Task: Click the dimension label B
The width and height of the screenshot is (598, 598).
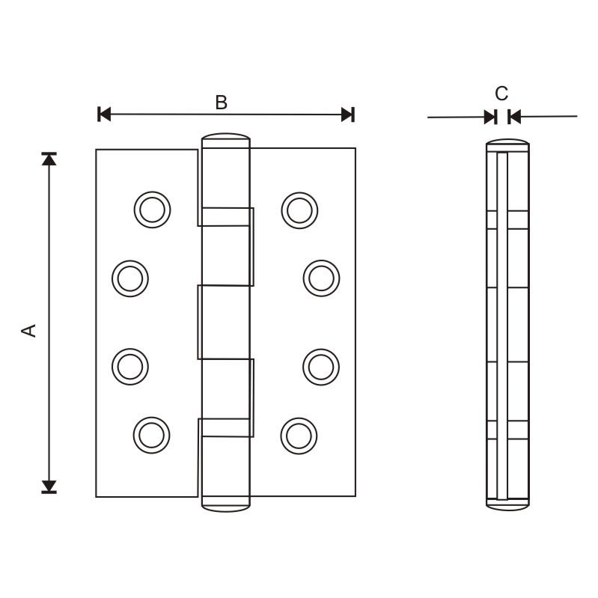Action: [221, 103]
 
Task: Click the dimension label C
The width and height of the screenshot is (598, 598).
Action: [501, 94]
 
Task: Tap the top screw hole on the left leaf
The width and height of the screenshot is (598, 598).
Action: [152, 210]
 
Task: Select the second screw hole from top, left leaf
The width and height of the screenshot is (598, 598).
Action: [129, 278]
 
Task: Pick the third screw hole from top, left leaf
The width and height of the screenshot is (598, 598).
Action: [129, 366]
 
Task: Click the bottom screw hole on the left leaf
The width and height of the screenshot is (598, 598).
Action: [152, 435]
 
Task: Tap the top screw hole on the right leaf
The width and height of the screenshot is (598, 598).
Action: [299, 210]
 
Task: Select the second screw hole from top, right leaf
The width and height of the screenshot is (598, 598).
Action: [321, 278]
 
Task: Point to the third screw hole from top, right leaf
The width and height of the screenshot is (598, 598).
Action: [321, 366]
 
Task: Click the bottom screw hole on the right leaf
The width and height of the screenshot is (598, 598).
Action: [299, 435]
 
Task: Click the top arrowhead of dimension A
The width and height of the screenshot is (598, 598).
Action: [49, 159]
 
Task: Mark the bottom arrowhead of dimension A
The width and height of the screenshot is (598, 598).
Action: [49, 486]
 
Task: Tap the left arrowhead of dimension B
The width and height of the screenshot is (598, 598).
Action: [105, 115]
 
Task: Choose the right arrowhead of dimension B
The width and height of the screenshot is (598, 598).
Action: [347, 115]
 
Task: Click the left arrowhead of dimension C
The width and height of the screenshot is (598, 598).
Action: [490, 117]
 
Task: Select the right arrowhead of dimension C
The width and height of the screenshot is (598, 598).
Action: [513, 117]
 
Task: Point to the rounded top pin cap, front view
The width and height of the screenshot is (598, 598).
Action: [225, 140]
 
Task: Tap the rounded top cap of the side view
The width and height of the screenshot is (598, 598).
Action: [507, 144]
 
